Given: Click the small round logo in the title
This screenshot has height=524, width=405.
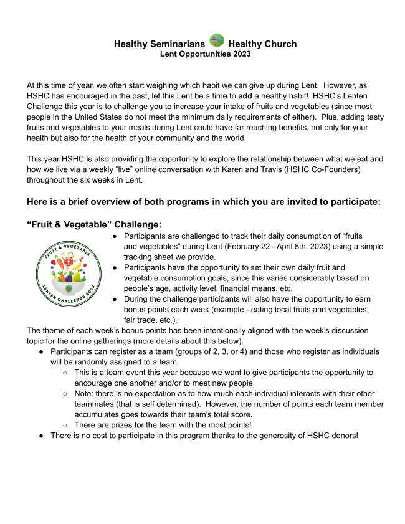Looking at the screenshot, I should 217,42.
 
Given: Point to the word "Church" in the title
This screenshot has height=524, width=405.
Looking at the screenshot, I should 278,44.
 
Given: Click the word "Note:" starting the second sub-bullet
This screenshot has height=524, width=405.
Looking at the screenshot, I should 85,394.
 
